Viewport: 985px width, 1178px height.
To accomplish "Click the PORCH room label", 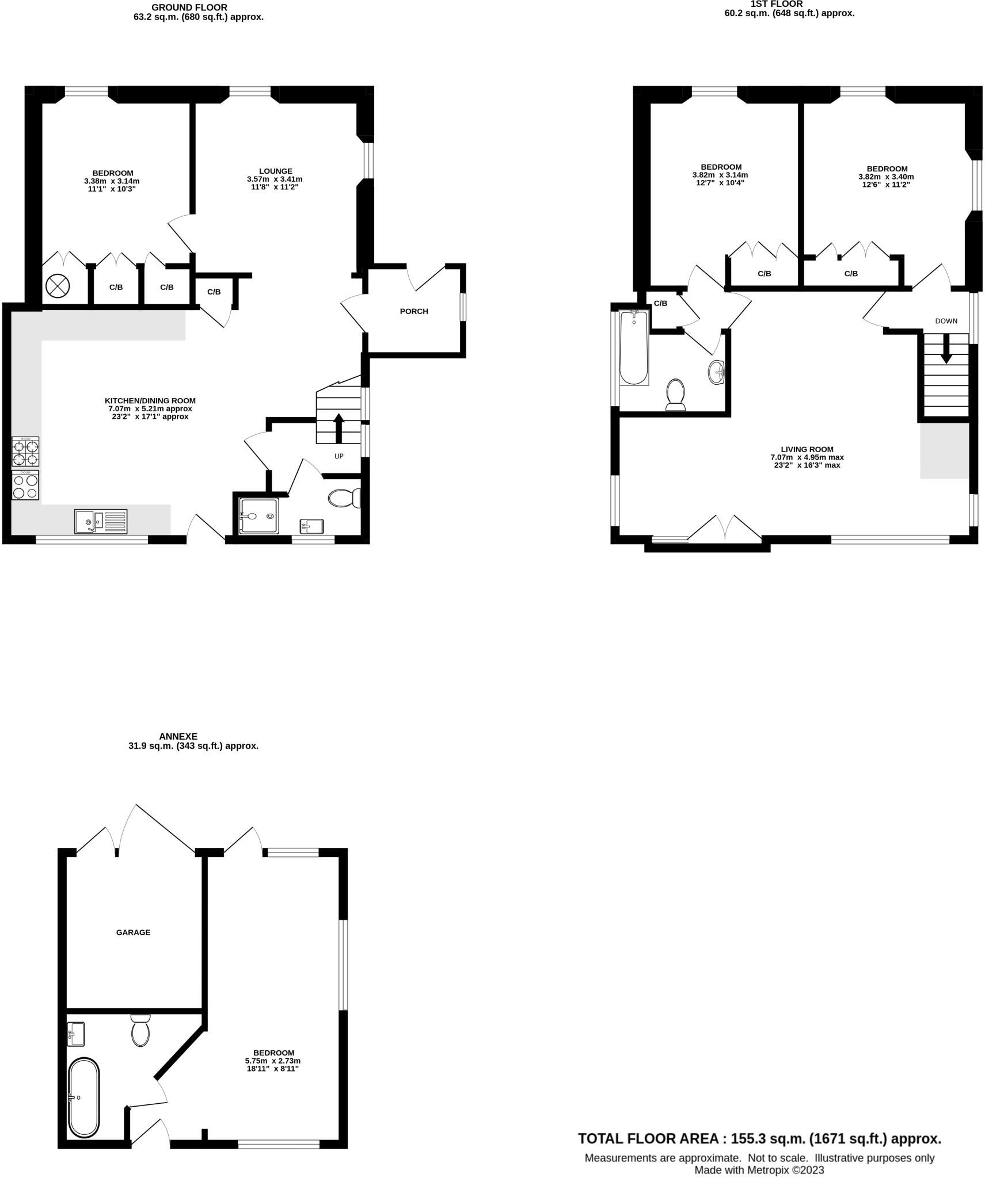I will point(413,311).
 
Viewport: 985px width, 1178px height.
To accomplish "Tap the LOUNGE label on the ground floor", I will point(275,171).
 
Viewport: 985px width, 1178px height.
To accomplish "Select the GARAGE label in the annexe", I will point(133,932).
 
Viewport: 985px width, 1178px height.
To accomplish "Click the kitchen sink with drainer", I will point(101,522).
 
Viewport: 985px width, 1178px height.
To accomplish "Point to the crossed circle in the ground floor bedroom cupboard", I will point(58,286).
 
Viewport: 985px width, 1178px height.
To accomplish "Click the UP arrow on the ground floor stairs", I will point(339,428).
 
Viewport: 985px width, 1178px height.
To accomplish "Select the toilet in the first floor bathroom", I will point(675,395).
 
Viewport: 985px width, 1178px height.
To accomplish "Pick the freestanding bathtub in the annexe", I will point(84,1096).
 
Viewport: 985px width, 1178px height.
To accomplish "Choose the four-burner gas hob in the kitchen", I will point(26,452).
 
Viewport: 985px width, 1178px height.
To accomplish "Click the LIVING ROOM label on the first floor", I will point(807,449).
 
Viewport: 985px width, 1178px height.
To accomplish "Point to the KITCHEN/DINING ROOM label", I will point(150,400).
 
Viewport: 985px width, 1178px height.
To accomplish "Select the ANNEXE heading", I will point(178,736).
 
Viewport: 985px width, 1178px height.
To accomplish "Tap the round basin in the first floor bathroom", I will point(717,372).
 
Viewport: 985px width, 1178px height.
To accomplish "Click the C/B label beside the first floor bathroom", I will point(660,303).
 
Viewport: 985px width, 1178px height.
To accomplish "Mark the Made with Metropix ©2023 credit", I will point(759,1170).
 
